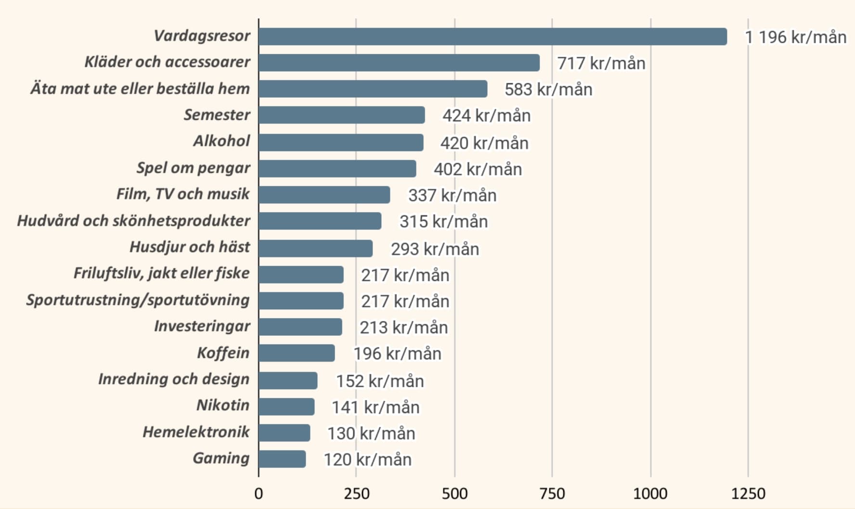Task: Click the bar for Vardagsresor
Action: (492, 37)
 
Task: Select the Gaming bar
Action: (282, 459)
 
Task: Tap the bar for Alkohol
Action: (341, 142)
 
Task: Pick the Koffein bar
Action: (297, 353)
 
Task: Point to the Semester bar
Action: (342, 115)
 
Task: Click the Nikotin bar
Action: (286, 407)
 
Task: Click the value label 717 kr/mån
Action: (601, 63)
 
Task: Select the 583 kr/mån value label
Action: (548, 89)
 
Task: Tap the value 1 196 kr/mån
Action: (795, 37)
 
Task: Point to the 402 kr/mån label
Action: (478, 169)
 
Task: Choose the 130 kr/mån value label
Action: (371, 433)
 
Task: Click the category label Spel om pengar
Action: (193, 167)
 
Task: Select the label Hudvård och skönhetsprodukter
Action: (133, 220)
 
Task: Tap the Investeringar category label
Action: (202, 326)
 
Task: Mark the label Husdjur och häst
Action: (190, 247)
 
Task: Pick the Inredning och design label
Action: (174, 379)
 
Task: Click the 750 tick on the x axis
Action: (552, 494)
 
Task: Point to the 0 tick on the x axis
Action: (259, 494)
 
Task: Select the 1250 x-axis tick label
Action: (748, 494)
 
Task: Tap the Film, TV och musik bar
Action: (324, 195)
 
